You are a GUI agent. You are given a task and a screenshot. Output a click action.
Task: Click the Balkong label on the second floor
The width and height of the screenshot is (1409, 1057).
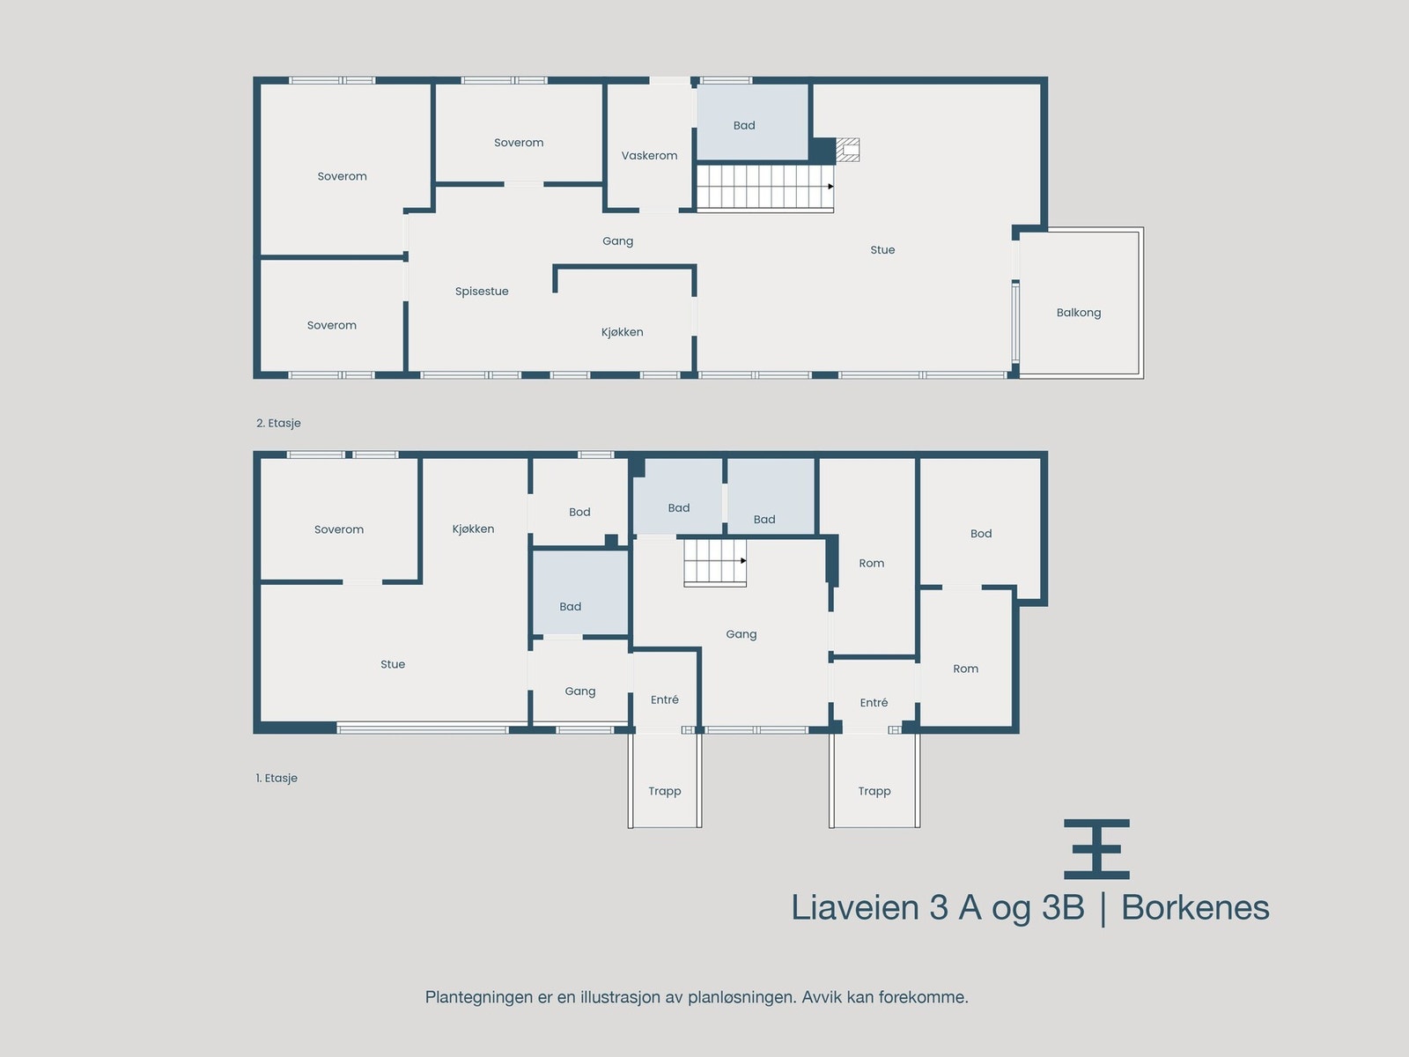tap(1078, 313)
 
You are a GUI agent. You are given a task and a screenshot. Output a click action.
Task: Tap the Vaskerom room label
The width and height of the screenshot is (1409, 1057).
tap(649, 156)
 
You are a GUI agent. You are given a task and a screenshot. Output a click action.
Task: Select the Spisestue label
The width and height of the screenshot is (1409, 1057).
tap(482, 292)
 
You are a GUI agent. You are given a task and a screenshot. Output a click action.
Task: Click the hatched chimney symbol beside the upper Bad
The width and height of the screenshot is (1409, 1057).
tap(847, 150)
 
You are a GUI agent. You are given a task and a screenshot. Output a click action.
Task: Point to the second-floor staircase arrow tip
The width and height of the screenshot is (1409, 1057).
tap(831, 187)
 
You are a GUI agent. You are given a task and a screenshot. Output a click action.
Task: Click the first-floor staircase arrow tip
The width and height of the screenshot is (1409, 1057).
tap(744, 561)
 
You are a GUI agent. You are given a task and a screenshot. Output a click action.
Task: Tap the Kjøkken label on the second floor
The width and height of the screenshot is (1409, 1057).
tap(622, 332)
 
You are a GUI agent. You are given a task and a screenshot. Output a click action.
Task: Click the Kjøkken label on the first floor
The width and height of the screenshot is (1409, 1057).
tap(473, 529)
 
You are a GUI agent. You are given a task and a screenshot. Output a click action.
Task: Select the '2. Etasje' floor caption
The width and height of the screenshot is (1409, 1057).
tap(278, 424)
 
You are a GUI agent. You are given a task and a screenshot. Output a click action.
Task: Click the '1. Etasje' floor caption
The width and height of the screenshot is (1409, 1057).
tap(277, 779)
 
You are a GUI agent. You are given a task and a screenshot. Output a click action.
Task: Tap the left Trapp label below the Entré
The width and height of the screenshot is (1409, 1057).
tap(664, 791)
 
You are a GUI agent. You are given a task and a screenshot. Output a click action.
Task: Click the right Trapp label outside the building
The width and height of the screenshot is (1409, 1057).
tap(874, 791)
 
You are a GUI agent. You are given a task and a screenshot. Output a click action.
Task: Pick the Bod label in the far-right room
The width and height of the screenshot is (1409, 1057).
tap(980, 534)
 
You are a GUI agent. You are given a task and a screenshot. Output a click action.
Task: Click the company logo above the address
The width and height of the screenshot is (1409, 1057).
tap(1096, 849)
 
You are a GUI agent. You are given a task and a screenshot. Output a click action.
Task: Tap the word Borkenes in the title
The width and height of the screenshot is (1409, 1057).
tap(1194, 908)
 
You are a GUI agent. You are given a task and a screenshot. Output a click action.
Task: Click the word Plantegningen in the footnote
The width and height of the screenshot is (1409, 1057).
tap(480, 998)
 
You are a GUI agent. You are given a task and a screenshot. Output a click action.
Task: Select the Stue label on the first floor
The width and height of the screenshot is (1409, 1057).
tap(393, 665)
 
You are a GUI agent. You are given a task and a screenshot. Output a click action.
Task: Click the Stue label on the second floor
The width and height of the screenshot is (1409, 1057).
tap(882, 250)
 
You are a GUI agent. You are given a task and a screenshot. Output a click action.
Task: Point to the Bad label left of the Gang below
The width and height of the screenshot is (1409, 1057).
tap(570, 607)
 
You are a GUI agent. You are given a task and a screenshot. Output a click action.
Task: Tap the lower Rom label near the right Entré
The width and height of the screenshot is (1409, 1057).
tap(965, 669)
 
